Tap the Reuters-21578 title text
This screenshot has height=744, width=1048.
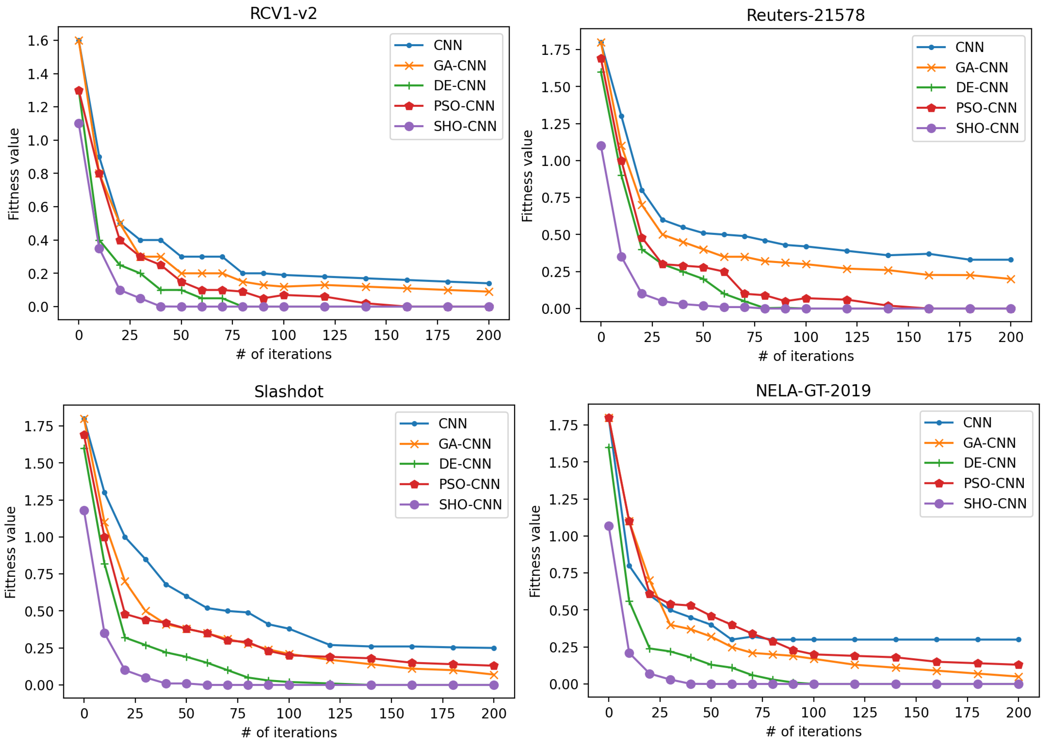805,15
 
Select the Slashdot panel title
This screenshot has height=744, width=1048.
289,392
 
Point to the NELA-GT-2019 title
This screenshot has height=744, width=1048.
813,390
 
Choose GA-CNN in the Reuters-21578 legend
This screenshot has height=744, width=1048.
981,67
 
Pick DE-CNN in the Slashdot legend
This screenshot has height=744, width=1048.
464,464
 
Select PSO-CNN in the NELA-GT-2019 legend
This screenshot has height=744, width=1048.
993,483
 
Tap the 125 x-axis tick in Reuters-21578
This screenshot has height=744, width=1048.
856,337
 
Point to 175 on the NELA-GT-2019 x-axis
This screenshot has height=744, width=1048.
967,712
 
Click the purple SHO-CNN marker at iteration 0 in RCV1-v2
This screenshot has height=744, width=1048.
79,124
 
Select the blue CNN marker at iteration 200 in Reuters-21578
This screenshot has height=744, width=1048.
1011,260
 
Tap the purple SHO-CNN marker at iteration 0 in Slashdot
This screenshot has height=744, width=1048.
84,510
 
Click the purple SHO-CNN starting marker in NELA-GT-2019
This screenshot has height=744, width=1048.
609,526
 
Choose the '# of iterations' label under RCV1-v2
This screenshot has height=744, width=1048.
284,354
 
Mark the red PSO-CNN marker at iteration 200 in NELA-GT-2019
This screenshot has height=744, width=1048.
1019,665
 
